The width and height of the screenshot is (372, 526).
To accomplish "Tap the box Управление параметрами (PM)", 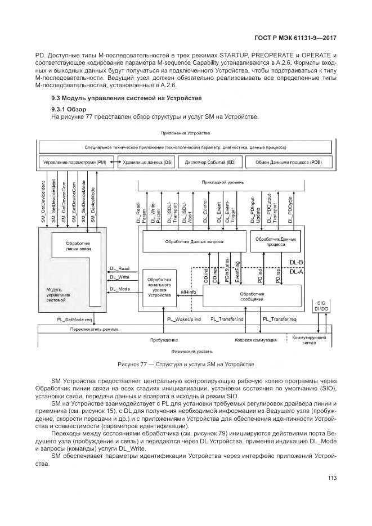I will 74,162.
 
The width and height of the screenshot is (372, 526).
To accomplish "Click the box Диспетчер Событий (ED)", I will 207,162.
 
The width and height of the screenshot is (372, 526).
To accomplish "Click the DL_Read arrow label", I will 119,268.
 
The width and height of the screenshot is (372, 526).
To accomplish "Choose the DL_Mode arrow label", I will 119,289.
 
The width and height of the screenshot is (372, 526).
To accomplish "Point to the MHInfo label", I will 187,293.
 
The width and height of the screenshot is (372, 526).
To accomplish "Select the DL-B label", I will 296,262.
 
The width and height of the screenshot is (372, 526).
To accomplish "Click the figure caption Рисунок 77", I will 186,364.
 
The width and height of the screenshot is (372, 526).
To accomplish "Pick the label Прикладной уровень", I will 219,182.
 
